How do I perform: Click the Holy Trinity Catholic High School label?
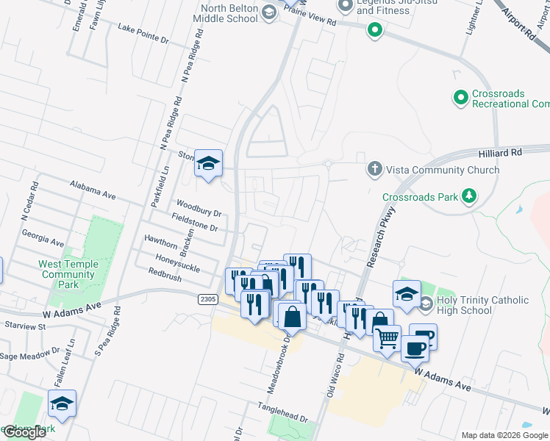482,305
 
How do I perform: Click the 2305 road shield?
208,298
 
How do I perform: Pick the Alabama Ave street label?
93,190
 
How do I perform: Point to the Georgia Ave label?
43,240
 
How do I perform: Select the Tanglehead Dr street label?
282,411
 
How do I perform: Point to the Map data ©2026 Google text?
504,435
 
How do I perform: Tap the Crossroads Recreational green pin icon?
461,96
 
